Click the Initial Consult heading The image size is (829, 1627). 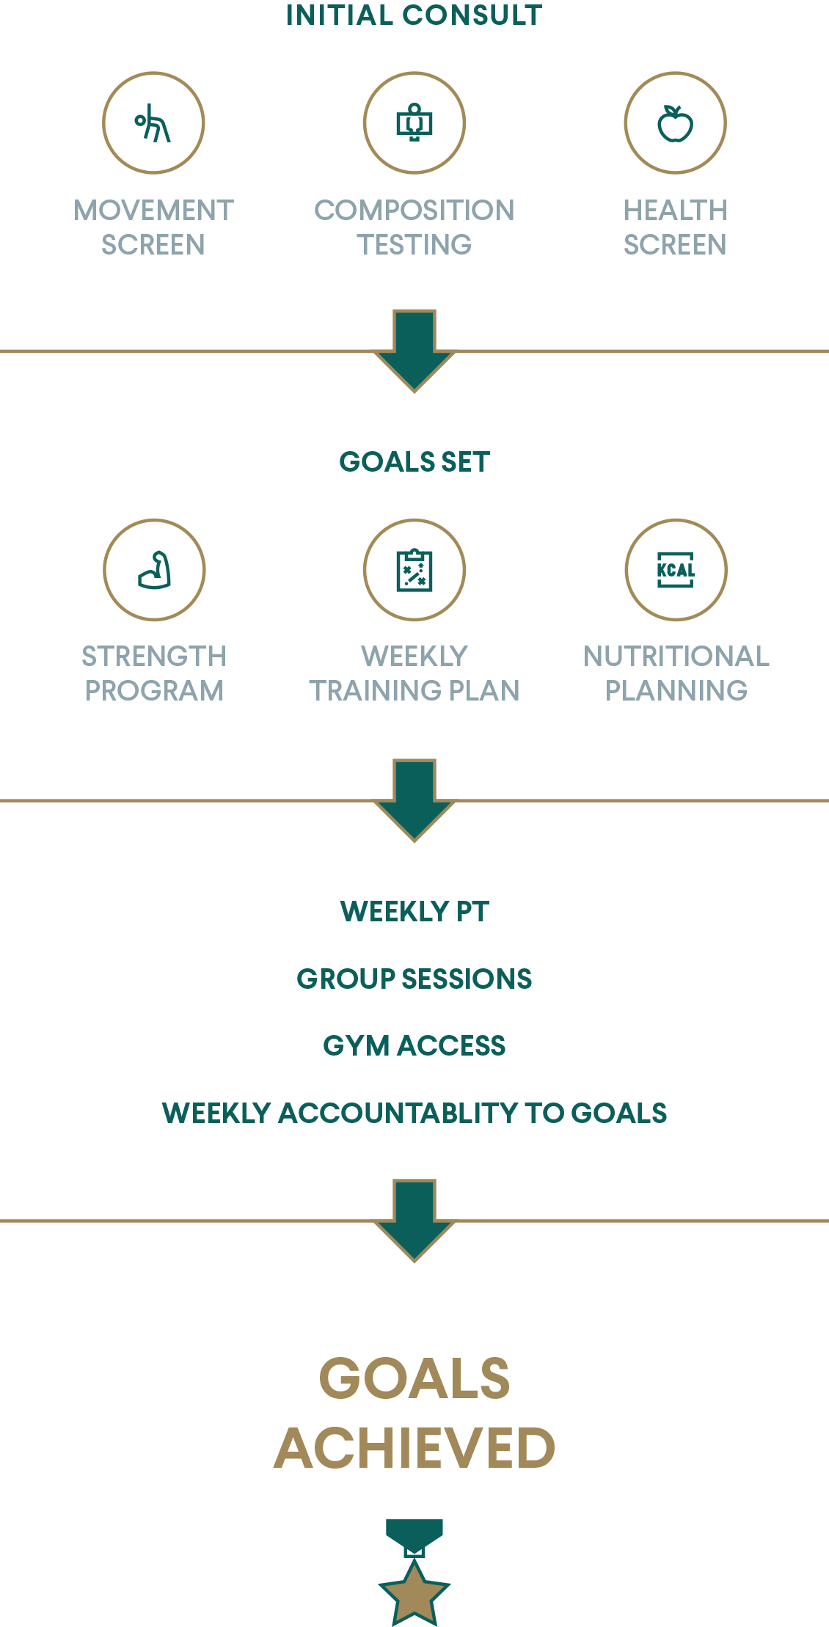pyautogui.click(x=415, y=15)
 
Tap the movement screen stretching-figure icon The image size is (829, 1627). pyautogui.click(x=153, y=123)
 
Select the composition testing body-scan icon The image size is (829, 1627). pyautogui.click(x=415, y=123)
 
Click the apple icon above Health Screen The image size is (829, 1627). pyautogui.click(x=676, y=123)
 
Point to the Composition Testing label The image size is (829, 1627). pyautogui.click(x=415, y=227)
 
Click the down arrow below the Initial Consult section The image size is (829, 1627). pyautogui.click(x=415, y=351)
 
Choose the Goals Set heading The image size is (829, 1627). pyautogui.click(x=415, y=462)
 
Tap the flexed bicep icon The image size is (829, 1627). pyautogui.click(x=154, y=570)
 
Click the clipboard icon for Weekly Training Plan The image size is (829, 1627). pyautogui.click(x=415, y=570)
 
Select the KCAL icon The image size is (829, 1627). pyautogui.click(x=676, y=570)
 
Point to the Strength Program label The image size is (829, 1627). pyautogui.click(x=154, y=673)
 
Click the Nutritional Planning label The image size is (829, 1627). pyautogui.click(x=676, y=673)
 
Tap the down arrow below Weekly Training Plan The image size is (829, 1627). pyautogui.click(x=415, y=800)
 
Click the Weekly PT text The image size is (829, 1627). pyautogui.click(x=415, y=912)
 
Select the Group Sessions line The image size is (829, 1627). pyautogui.click(x=415, y=979)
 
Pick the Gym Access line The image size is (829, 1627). pyautogui.click(x=415, y=1046)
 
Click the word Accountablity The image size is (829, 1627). pyautogui.click(x=399, y=1114)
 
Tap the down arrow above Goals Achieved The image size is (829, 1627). pyautogui.click(x=415, y=1221)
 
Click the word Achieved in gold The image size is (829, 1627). pyautogui.click(x=415, y=1449)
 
